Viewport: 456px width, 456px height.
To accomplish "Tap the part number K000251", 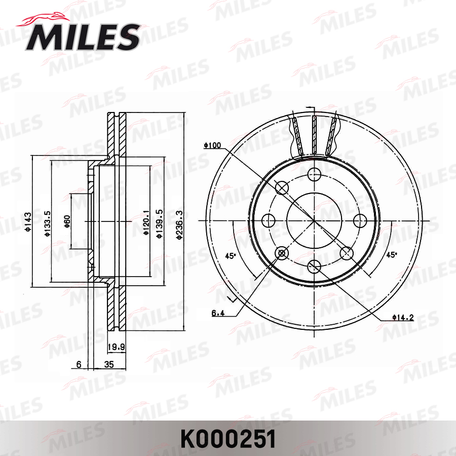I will [x=228, y=438].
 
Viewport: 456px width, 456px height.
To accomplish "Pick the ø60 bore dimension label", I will [x=67, y=221].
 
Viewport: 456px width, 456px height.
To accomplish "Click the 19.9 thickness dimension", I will [x=116, y=347].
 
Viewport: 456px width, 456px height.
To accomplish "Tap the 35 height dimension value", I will [x=108, y=364].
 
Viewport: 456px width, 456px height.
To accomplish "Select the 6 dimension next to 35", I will [x=79, y=364].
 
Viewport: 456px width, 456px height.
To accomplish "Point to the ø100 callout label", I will [x=212, y=145].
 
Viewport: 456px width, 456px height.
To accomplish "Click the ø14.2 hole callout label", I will [x=403, y=318].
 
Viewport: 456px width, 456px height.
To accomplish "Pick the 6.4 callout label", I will [x=218, y=313].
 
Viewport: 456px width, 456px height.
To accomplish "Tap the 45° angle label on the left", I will [x=231, y=255].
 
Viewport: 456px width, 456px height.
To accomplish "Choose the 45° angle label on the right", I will [x=391, y=255].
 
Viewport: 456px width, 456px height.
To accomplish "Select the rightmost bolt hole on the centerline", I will [x=360, y=221].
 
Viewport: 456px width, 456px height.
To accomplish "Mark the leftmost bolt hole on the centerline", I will [x=269, y=221].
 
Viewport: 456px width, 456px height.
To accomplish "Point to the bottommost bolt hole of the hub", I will [x=314, y=267].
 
